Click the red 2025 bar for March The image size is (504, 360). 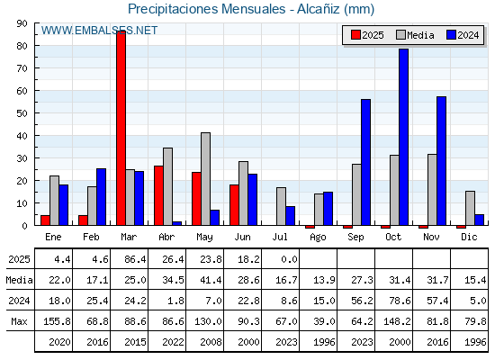click(121, 128)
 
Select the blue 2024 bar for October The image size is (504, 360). click(403, 137)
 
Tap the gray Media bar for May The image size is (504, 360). click(206, 179)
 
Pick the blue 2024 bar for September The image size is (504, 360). click(365, 162)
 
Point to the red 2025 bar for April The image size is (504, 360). click(158, 195)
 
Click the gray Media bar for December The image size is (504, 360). click(470, 208)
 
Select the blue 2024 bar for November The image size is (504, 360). click(441, 161)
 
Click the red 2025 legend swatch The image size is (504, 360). click(355, 35)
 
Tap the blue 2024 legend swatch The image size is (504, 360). click(451, 35)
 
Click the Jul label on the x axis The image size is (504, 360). click(280, 237)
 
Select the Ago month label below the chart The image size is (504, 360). click(318, 238)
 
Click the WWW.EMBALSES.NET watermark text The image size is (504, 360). click(99, 31)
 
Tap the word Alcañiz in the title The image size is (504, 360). click(319, 9)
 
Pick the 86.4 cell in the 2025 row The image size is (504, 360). click(135, 259)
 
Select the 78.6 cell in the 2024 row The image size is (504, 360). click(400, 301)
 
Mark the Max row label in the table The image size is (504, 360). click(19, 321)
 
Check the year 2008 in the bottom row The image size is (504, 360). click(211, 342)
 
